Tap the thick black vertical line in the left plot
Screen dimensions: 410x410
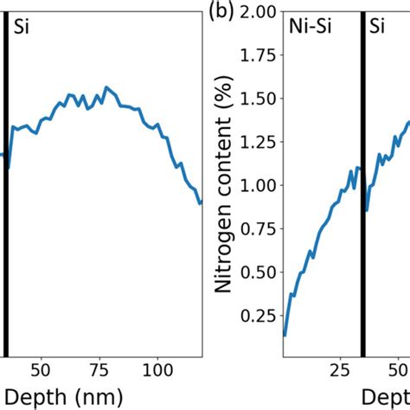(6, 216)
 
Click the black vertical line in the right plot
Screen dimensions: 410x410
(362, 216)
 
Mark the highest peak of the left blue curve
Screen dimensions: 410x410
(106, 87)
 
